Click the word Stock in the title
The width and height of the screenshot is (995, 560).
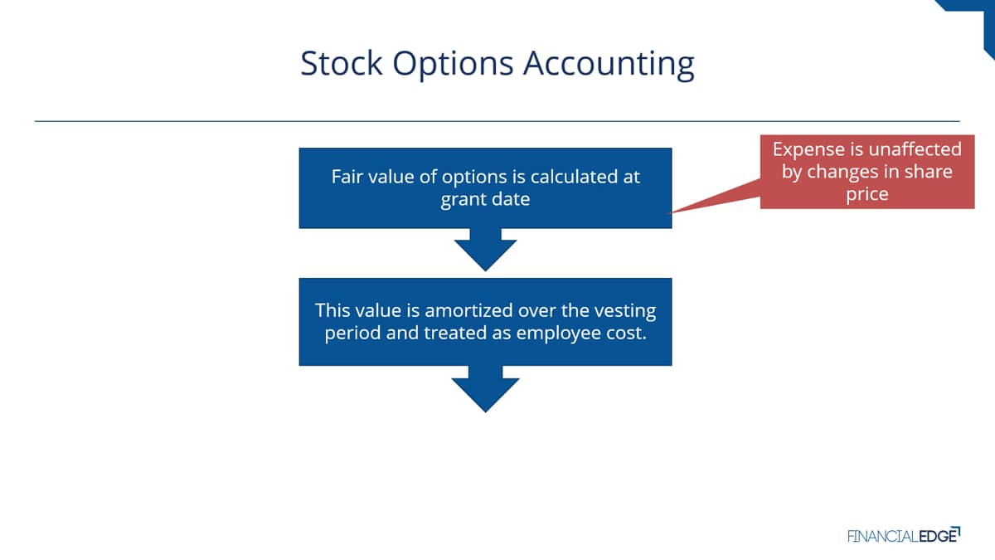pyautogui.click(x=341, y=63)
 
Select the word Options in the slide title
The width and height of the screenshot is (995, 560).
pyautogui.click(x=453, y=66)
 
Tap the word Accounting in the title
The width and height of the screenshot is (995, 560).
pyautogui.click(x=609, y=66)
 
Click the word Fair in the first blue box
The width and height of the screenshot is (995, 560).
pyautogui.click(x=347, y=177)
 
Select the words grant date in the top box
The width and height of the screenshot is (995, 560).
pyautogui.click(x=485, y=200)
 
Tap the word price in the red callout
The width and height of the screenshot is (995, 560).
pyautogui.click(x=867, y=195)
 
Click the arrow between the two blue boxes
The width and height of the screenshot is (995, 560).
pyautogui.click(x=485, y=250)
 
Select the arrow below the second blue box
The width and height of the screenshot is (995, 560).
pyautogui.click(x=485, y=389)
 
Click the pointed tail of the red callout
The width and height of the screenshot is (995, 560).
pyautogui.click(x=670, y=213)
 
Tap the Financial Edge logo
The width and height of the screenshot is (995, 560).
pyautogui.click(x=904, y=536)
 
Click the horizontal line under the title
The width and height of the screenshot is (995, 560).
pyautogui.click(x=497, y=121)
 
